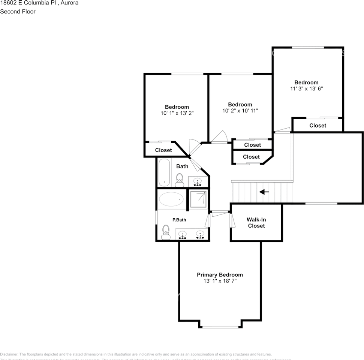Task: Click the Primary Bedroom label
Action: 220,275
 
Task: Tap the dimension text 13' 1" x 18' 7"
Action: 220,281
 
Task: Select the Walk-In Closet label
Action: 256,223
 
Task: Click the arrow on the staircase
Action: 264,192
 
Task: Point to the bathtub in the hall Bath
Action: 164,172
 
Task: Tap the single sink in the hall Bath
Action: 197,181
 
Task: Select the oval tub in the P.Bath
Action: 171,199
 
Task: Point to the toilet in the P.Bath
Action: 165,232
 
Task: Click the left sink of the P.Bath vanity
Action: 183,234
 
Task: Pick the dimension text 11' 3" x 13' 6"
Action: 306,89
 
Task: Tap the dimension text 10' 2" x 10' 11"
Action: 240,111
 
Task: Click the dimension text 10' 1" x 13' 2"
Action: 177,113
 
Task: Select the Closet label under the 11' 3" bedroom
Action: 318,126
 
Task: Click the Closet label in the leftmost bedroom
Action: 163,150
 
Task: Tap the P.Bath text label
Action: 179,220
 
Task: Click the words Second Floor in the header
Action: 18,12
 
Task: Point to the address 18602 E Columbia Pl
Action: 28,3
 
